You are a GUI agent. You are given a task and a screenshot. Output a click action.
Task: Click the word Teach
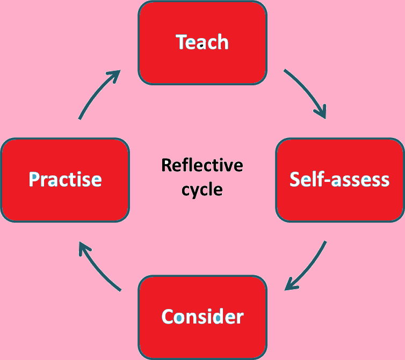(x=202, y=42)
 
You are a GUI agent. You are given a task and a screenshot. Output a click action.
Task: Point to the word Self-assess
(x=339, y=179)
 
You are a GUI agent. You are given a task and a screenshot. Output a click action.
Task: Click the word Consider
(x=202, y=316)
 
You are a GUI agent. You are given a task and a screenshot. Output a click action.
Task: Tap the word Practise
(x=65, y=179)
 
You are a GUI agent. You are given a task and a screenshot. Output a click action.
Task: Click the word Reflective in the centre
(x=202, y=165)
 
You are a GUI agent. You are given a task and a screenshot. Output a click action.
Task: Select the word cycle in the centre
(x=202, y=189)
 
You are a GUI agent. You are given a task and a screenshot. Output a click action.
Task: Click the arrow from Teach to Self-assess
(x=308, y=91)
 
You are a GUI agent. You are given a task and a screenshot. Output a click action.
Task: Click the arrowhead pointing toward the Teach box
(x=114, y=75)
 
